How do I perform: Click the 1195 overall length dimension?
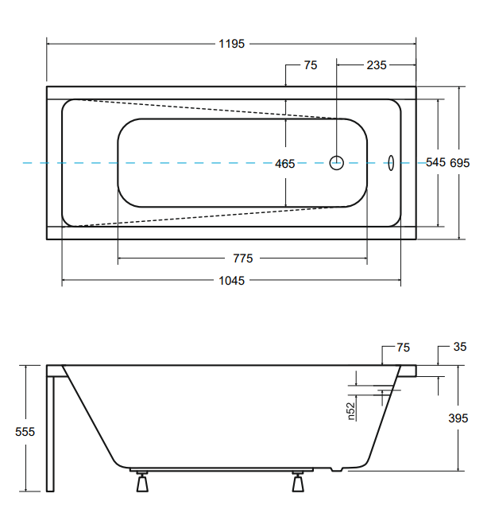231,44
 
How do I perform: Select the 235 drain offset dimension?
377,65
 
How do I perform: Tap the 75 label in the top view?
311,65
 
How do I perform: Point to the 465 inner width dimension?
284,164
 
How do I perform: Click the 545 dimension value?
435,162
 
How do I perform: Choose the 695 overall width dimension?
459,162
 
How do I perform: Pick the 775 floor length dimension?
242,258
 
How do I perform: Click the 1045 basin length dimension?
231,281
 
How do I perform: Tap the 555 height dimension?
25,432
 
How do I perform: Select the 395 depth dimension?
458,418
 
